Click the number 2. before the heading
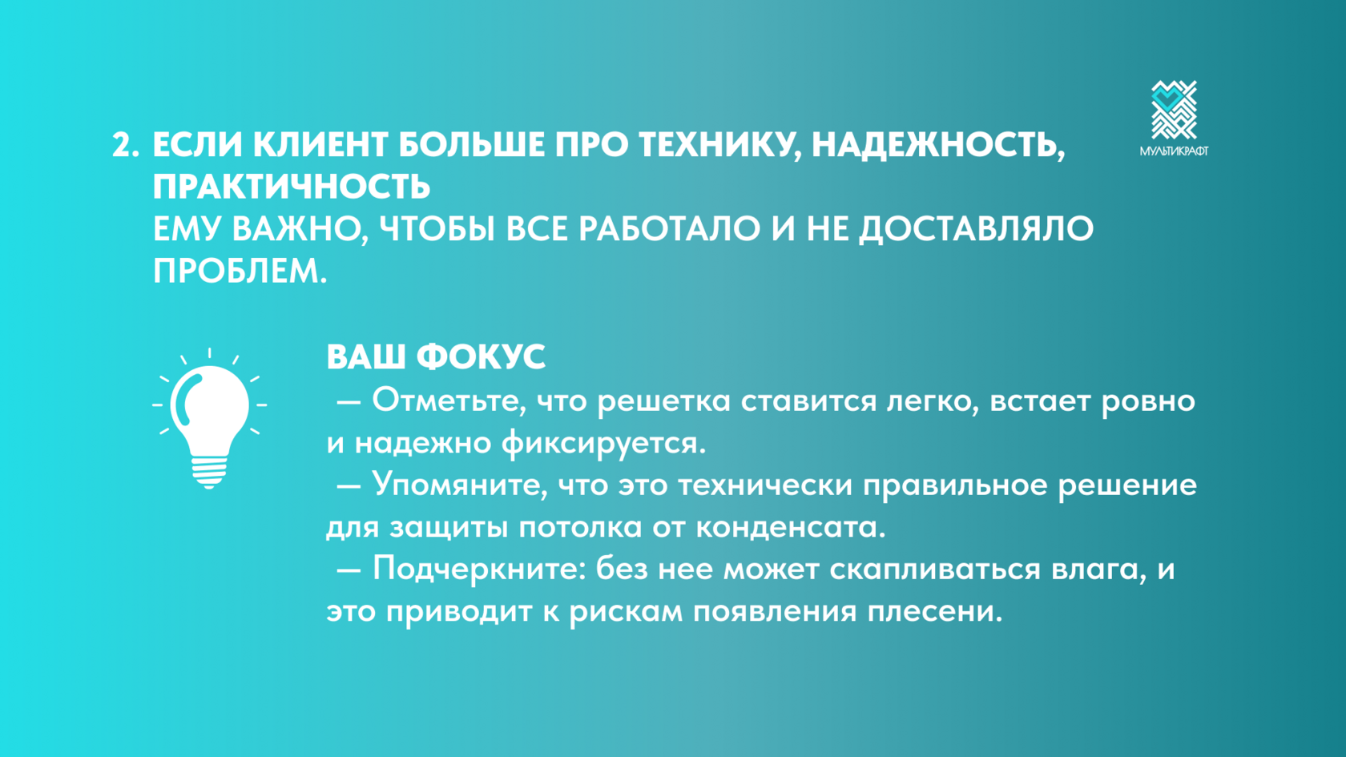tap(126, 146)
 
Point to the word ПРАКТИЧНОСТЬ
tap(292, 187)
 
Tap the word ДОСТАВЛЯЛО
tap(976, 231)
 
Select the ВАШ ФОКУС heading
tap(436, 356)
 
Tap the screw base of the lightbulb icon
tap(209, 473)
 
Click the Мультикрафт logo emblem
tap(1174, 110)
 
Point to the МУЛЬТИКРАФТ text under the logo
tap(1174, 151)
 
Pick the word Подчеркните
tap(478, 570)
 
